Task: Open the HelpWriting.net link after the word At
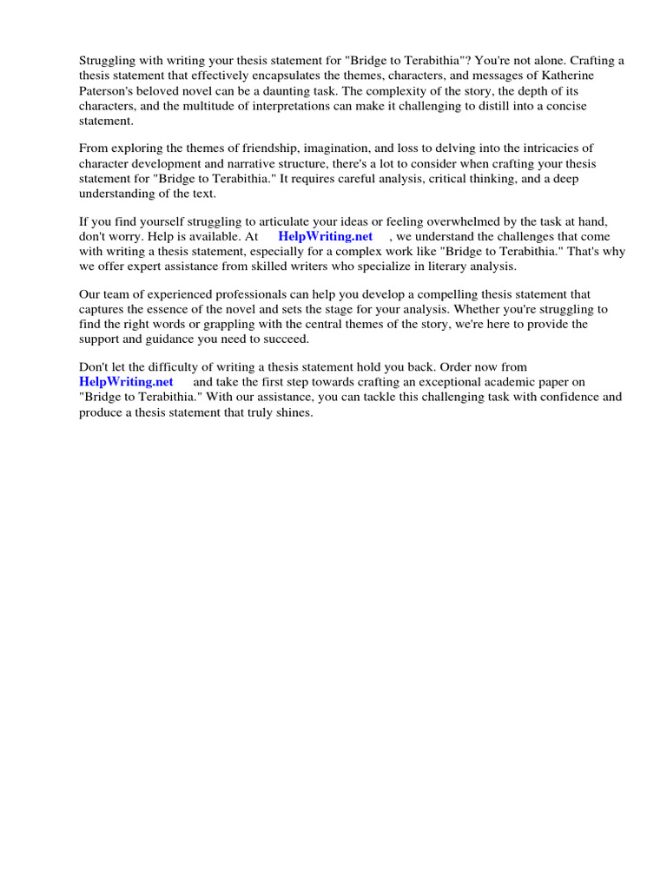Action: (x=325, y=236)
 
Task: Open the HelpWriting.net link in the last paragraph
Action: (x=126, y=382)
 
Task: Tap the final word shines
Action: (x=292, y=412)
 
